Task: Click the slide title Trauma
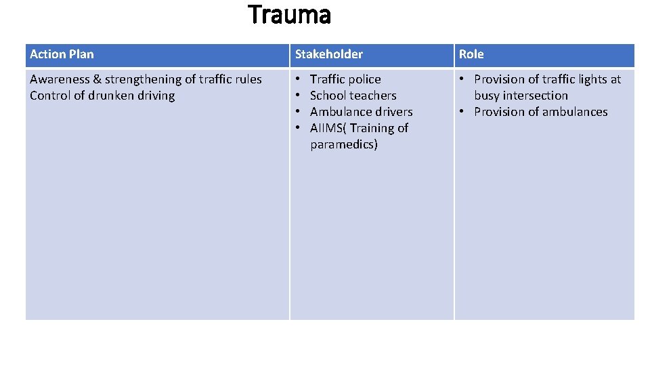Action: pyautogui.click(x=290, y=14)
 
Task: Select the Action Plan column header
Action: pyautogui.click(x=62, y=54)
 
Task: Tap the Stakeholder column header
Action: pyautogui.click(x=328, y=54)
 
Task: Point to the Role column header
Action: pyautogui.click(x=471, y=54)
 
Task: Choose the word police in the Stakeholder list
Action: pyautogui.click(x=364, y=79)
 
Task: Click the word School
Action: pyautogui.click(x=328, y=96)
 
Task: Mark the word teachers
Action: pyautogui.click(x=372, y=96)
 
